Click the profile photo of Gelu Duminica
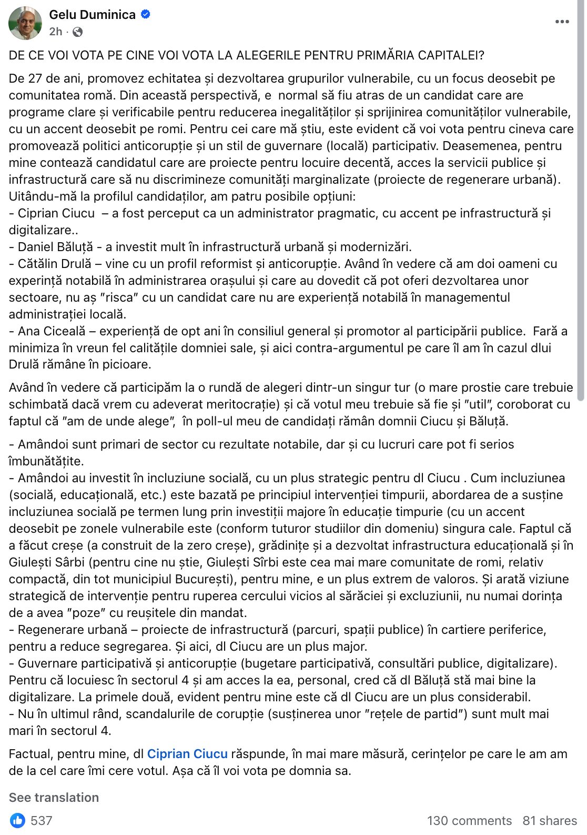click(x=25, y=23)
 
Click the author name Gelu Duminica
click(x=93, y=15)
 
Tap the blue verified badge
click(x=146, y=15)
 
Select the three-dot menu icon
click(x=562, y=22)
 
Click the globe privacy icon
click(x=77, y=32)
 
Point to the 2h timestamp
click(x=55, y=32)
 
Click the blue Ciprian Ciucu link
click(x=187, y=754)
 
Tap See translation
click(x=54, y=798)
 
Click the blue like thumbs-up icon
click(x=17, y=820)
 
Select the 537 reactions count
click(x=42, y=821)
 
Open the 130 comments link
click(x=469, y=821)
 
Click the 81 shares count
click(x=549, y=821)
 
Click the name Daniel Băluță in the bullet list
click(x=55, y=247)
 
